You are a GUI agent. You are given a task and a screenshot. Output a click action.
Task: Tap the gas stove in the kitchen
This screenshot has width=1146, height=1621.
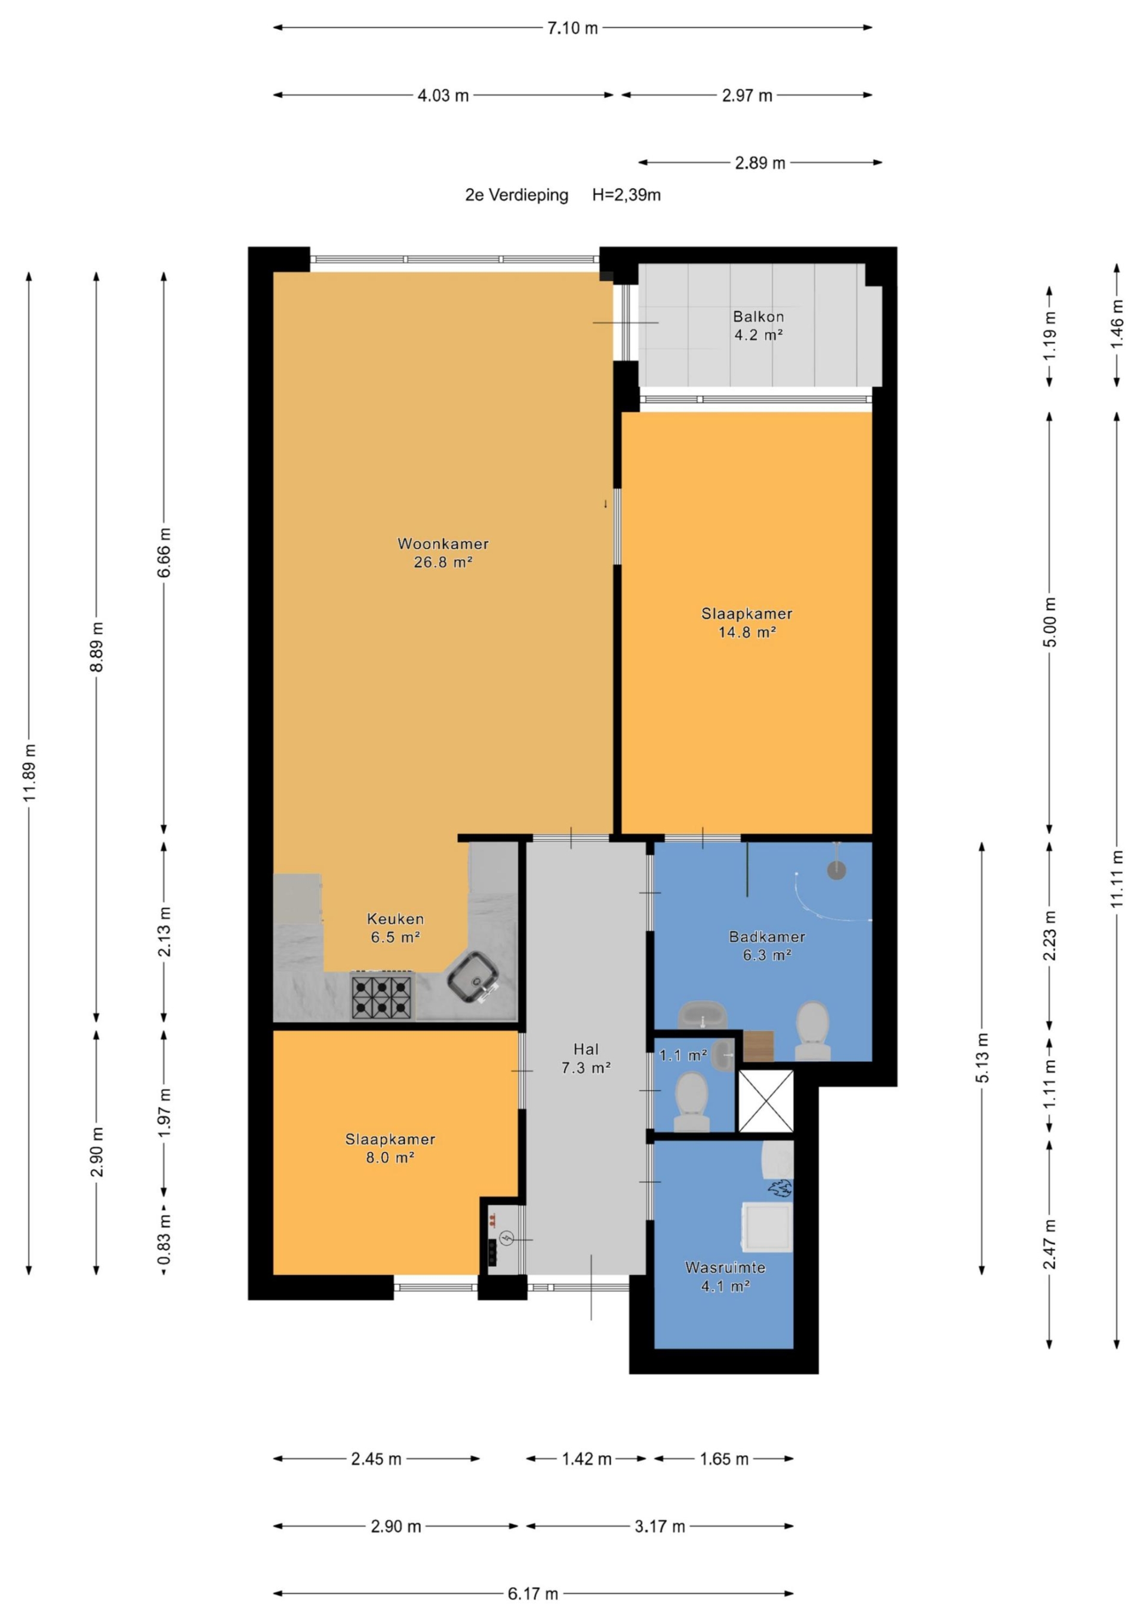pos(382,996)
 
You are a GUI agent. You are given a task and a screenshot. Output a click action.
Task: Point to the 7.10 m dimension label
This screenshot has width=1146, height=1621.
pos(572,28)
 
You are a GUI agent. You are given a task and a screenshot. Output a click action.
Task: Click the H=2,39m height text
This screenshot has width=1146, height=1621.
pos(626,195)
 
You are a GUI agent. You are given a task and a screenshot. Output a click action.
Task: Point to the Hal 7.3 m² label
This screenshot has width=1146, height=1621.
pos(586,1059)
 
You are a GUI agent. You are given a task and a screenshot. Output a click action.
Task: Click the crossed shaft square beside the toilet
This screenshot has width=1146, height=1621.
pos(765,1101)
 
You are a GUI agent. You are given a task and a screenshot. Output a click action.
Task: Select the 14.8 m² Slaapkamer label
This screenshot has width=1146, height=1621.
pos(746,622)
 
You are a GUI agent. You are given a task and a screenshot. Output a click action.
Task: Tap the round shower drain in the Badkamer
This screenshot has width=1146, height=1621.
pos(836,871)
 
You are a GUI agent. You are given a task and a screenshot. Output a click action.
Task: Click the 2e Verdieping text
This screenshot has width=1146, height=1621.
pos(516,195)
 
